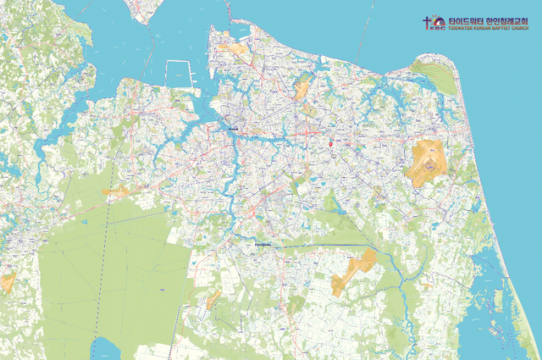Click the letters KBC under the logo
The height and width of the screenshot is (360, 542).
(x=437, y=28)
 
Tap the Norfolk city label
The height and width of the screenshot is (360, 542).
(x=234, y=130)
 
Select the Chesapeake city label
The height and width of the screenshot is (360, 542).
(x=263, y=246)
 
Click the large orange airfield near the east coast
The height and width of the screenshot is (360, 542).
(x=429, y=163)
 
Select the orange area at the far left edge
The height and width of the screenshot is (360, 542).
(x=8, y=282)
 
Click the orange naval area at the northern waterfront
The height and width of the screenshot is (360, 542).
(x=235, y=48)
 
